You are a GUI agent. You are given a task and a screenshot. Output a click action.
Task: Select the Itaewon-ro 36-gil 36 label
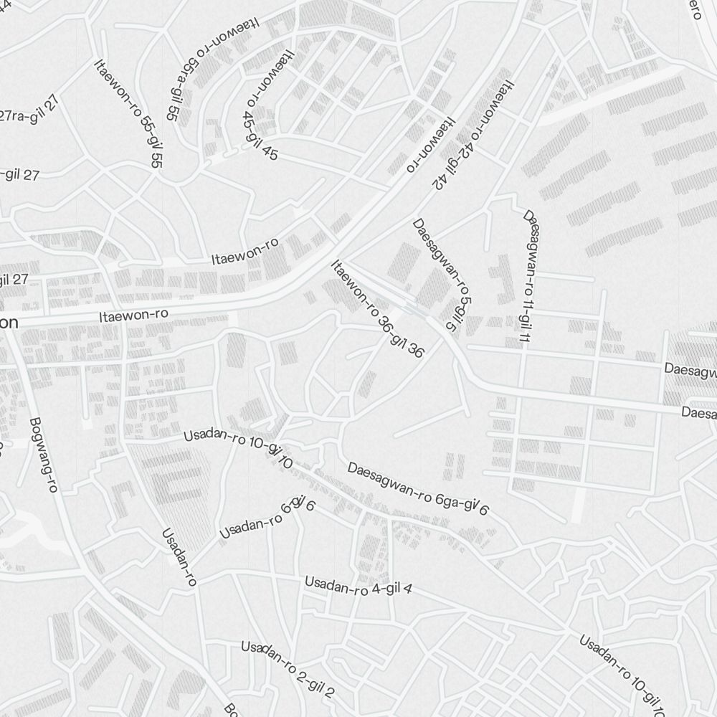click(377, 309)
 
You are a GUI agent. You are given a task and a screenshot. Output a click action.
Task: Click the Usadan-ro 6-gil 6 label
click(267, 517)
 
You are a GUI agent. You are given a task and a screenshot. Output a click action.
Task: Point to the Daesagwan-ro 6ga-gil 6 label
click(418, 489)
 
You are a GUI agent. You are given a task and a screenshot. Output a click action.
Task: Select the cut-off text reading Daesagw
click(690, 371)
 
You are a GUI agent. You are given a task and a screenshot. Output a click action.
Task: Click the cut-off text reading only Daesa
click(698, 413)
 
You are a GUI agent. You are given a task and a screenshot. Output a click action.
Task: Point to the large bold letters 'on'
click(9, 323)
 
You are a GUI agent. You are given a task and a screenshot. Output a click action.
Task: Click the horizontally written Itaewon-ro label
click(133, 314)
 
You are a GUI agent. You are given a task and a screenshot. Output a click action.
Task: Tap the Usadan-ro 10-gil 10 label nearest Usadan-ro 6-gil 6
click(238, 444)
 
